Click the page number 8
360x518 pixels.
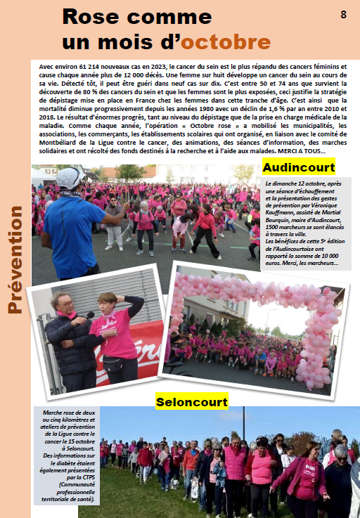343,15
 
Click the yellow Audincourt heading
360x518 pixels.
298,167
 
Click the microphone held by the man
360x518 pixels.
89,315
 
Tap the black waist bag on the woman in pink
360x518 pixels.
114,364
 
